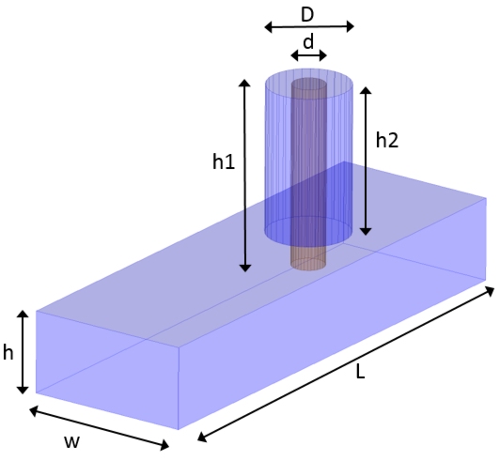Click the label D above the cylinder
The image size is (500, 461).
pyautogui.click(x=307, y=15)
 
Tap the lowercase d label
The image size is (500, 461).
pyautogui.click(x=308, y=42)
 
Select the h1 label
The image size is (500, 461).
pyautogui.click(x=224, y=161)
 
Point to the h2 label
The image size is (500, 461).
pyautogui.click(x=387, y=140)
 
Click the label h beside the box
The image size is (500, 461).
pyautogui.click(x=8, y=353)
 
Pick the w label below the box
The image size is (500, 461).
pyautogui.click(x=72, y=441)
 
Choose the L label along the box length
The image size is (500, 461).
pyautogui.click(x=360, y=372)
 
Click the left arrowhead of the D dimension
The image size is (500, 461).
pyautogui.click(x=269, y=27)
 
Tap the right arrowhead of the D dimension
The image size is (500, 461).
pyautogui.click(x=350, y=27)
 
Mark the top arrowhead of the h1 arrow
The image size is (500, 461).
pyautogui.click(x=244, y=83)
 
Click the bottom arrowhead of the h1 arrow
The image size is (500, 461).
pyautogui.click(x=245, y=268)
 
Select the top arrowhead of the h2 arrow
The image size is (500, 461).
pyautogui.click(x=366, y=90)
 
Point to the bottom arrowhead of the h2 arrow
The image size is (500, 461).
pyautogui.click(x=366, y=232)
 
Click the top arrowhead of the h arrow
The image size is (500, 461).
pyautogui.click(x=23, y=314)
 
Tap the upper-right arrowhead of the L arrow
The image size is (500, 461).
pyautogui.click(x=490, y=290)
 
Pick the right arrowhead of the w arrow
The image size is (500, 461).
pyautogui.click(x=164, y=445)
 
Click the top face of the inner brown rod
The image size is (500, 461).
pyautogui.click(x=309, y=84)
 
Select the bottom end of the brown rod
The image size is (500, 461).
pyautogui.click(x=308, y=265)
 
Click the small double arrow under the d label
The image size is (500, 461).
pyautogui.click(x=308, y=55)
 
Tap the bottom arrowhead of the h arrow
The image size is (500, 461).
pyautogui.click(x=23, y=390)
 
